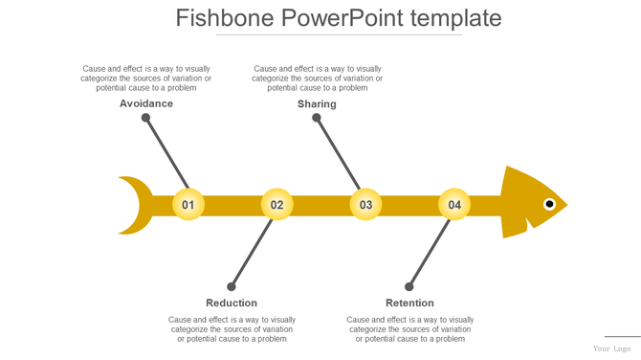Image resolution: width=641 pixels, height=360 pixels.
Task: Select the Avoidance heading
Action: click(x=146, y=103)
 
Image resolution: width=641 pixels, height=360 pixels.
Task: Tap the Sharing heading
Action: click(x=317, y=103)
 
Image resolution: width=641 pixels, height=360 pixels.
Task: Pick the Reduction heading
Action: click(x=232, y=304)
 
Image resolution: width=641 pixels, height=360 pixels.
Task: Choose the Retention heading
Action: click(x=409, y=304)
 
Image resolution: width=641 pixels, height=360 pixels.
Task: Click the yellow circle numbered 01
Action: click(x=188, y=205)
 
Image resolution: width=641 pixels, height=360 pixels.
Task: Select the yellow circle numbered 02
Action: click(x=276, y=205)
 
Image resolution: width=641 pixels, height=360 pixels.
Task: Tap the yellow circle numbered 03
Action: click(x=365, y=205)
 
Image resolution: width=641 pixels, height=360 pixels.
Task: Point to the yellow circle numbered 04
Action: click(x=454, y=205)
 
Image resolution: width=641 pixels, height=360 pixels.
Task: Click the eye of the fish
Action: click(x=549, y=204)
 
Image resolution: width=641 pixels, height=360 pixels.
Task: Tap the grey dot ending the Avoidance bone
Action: click(x=145, y=118)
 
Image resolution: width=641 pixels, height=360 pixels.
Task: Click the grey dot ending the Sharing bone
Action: click(x=317, y=118)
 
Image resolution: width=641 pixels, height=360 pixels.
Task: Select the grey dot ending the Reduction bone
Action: click(x=232, y=286)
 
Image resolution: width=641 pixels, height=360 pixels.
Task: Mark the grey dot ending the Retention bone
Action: click(x=409, y=286)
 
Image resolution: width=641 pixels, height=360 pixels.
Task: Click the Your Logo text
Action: click(x=611, y=349)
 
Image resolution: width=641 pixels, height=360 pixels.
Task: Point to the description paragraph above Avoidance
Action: click(x=146, y=79)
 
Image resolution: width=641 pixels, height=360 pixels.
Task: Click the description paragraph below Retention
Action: click(x=409, y=329)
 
